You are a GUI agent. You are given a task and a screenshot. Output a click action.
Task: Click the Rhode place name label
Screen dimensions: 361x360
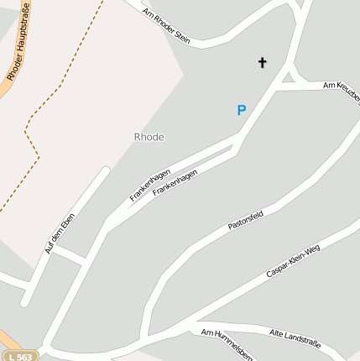coord(149,137)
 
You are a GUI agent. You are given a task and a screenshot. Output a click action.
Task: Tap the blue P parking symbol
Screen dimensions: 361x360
coord(242,110)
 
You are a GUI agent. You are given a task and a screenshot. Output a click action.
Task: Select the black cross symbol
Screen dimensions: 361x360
coord(262,62)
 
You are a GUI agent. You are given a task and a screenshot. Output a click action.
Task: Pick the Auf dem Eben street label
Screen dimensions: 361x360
coord(60,234)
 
